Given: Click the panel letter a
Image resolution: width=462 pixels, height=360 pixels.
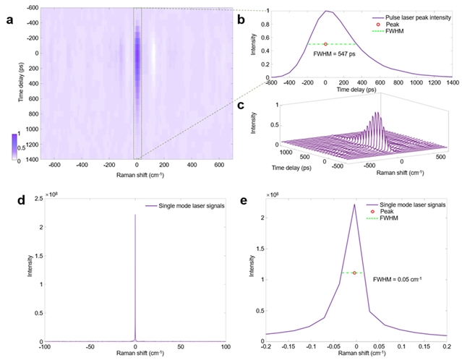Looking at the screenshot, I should pyautogui.click(x=9, y=19).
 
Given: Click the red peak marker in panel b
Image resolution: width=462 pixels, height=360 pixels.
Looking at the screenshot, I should pyautogui.click(x=325, y=44).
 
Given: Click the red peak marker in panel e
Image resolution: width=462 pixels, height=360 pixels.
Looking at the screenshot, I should pyautogui.click(x=354, y=273).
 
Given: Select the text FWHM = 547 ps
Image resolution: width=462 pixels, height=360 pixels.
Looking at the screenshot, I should pyautogui.click(x=335, y=53).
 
